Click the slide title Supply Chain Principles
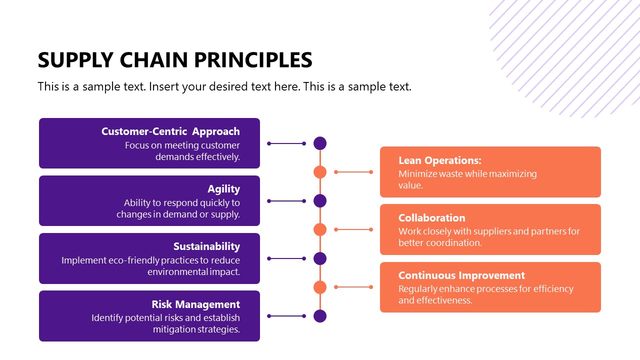point(175,60)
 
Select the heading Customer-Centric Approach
point(170,131)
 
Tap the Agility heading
point(223,189)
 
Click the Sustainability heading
point(206,246)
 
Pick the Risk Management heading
point(195,304)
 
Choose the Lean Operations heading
point(439,160)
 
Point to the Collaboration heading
point(431,218)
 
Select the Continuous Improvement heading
point(461,275)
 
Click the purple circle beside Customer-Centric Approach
point(320,143)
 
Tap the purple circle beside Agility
point(320,201)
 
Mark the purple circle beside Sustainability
point(320,258)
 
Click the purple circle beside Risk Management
point(320,316)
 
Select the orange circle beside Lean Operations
point(320,172)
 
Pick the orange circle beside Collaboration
point(320,229)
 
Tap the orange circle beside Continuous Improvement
point(320,287)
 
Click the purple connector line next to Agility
point(286,201)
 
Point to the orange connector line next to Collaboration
point(353,229)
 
